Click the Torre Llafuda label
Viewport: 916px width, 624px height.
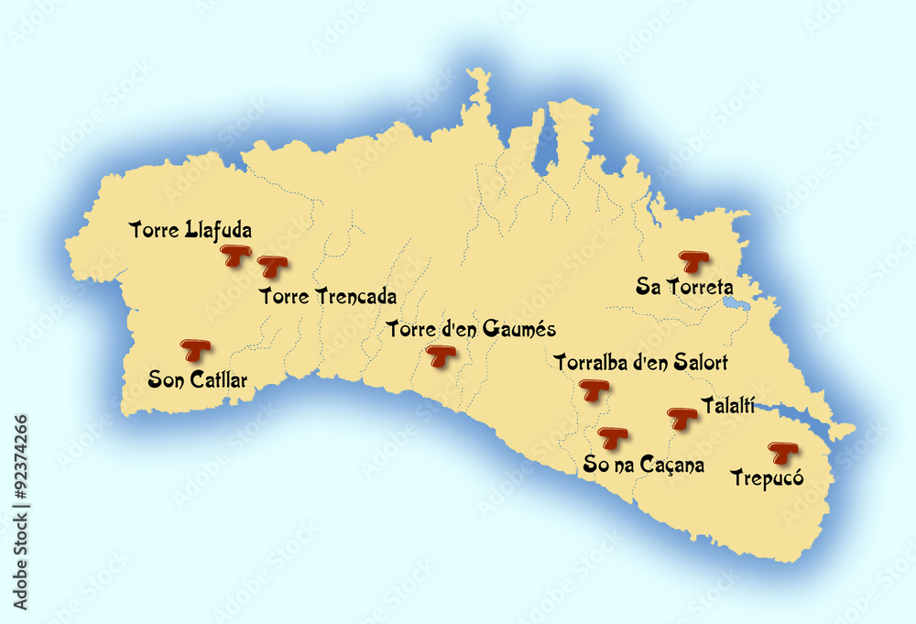click(191, 229)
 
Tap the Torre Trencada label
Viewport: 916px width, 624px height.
click(328, 296)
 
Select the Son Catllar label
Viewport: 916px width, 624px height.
click(198, 378)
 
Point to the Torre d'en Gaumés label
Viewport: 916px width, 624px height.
click(471, 328)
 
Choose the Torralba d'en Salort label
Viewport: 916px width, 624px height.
click(641, 362)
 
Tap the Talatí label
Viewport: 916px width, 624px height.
click(727, 404)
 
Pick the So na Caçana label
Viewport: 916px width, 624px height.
click(644, 465)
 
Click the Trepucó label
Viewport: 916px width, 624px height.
click(767, 476)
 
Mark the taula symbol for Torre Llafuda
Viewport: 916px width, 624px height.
click(238, 256)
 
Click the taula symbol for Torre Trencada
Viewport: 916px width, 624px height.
click(272, 267)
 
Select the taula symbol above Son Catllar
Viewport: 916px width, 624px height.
click(195, 349)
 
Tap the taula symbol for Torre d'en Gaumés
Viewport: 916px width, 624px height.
click(442, 356)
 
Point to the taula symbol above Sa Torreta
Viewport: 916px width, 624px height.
click(692, 261)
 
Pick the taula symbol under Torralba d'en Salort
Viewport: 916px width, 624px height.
click(595, 391)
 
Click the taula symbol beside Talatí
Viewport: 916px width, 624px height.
click(682, 418)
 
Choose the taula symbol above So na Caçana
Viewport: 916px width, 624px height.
click(612, 438)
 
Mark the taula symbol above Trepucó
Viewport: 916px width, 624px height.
click(782, 452)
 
